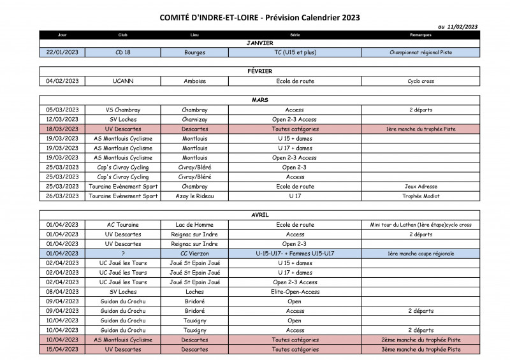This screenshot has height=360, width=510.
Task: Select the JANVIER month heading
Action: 259,43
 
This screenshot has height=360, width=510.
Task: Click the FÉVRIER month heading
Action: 259,71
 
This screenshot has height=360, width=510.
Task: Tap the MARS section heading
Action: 259,100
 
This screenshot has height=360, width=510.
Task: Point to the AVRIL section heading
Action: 259,215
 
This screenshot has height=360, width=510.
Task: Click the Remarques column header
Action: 421,35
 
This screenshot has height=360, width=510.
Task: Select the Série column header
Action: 295,35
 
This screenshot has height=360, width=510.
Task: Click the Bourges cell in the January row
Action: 194,52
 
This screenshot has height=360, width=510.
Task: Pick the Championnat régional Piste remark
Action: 421,52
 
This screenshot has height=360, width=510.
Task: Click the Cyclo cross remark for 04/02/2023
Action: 421,81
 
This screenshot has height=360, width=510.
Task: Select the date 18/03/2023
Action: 62,129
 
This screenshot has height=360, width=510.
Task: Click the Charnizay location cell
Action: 194,119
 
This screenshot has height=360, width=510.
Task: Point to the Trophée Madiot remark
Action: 421,196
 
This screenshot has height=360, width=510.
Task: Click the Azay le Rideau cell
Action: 194,196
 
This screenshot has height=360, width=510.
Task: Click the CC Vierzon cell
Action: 194,253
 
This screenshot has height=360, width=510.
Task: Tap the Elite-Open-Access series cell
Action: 295,292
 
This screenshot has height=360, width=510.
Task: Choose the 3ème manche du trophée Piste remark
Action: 421,349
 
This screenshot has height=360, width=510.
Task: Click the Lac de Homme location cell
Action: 194,224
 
